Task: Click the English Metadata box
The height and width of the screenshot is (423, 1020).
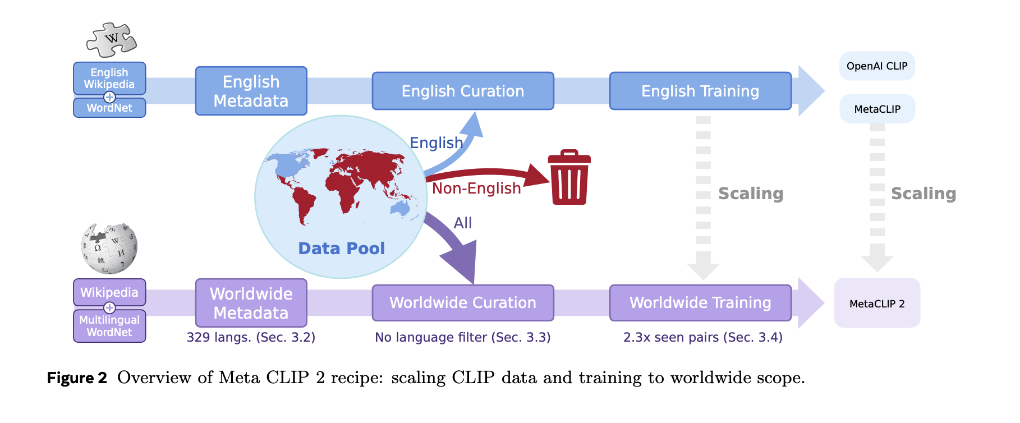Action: coord(251,91)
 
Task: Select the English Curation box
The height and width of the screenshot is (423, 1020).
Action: coord(463,91)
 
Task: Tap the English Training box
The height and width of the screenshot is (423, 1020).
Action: coord(700,91)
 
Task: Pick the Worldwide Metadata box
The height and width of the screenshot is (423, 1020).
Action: coord(251,303)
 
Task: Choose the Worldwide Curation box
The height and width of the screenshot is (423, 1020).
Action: coord(463,303)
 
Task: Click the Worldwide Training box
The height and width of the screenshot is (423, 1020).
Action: coord(700,303)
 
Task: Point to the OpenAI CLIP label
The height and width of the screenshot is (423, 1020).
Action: coord(877,66)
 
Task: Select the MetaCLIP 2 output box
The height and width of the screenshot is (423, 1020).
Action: coord(877,304)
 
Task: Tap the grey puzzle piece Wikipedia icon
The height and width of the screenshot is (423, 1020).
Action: coord(112,40)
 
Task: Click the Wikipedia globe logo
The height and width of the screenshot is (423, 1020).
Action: coord(109,249)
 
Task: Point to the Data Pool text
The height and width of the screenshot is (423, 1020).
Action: coord(341,249)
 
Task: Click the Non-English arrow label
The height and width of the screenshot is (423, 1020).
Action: coord(476,188)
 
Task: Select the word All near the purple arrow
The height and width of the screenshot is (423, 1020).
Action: coord(463,223)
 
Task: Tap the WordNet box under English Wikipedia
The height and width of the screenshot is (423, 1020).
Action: coord(109,108)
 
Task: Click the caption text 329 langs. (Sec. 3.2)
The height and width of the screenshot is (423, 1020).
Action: coord(251,337)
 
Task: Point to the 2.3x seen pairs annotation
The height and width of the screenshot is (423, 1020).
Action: coord(702,337)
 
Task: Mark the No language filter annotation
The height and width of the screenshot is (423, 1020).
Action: coord(463,337)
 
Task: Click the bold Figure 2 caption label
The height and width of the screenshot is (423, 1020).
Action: coord(77,378)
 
